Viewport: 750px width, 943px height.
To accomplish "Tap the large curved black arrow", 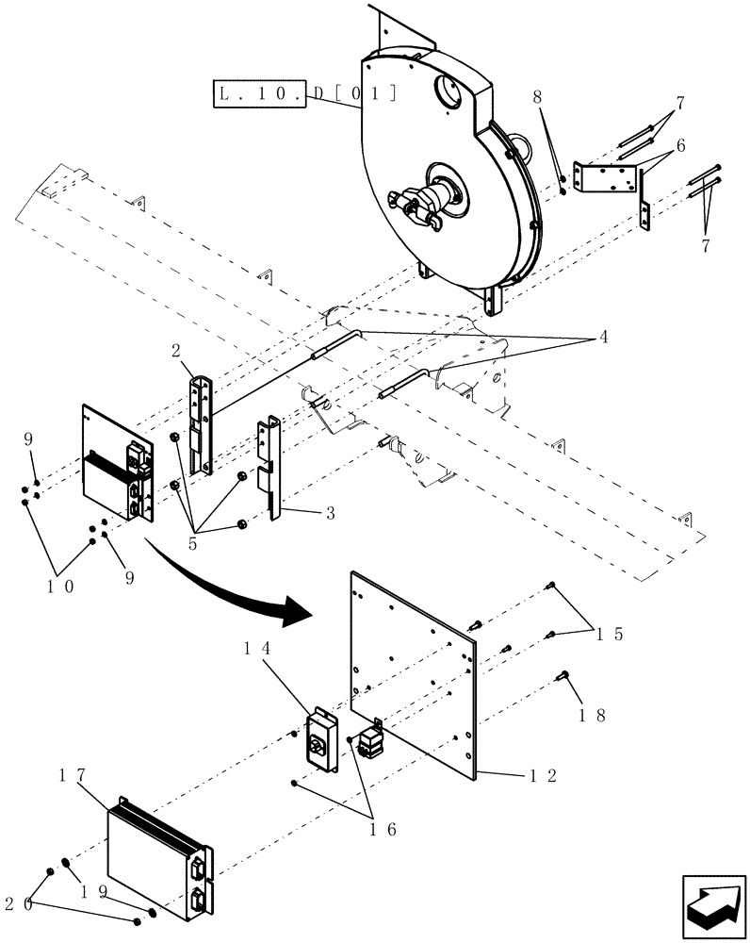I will tap(226, 585).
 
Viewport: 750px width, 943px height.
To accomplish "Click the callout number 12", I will tap(544, 775).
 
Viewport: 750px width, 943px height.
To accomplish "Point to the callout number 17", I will tap(76, 775).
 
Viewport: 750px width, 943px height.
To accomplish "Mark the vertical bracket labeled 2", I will tap(200, 424).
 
